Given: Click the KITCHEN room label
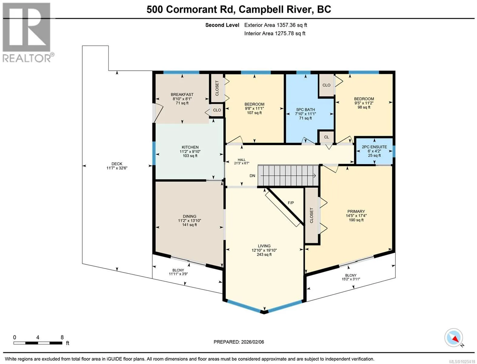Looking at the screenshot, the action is coord(190,147).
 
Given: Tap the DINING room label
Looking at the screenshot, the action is coord(189,216).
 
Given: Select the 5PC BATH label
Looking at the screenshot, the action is coord(305,110).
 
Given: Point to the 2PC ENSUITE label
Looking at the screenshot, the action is coord(375,147).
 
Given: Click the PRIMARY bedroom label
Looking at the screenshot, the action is coord(356,211).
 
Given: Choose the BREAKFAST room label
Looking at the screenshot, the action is coord(182,95).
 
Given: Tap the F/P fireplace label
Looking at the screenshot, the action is coord(291,203).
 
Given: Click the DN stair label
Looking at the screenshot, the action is coord(252,176).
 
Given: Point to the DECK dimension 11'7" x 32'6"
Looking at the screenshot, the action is coord(117,168).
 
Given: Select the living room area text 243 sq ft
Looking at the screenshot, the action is coord(264,254).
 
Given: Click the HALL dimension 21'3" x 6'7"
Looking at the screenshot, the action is coord(242,163).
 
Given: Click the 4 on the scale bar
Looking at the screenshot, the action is coord(38,337).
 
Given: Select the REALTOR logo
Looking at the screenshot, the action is coord(27,33).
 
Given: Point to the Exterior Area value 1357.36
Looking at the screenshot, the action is coord(286,25).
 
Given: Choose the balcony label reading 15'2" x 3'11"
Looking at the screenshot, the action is coord(351,279).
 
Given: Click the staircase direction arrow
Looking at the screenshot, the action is coord(288,176).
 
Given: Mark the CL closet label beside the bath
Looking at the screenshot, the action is coord(326,137).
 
